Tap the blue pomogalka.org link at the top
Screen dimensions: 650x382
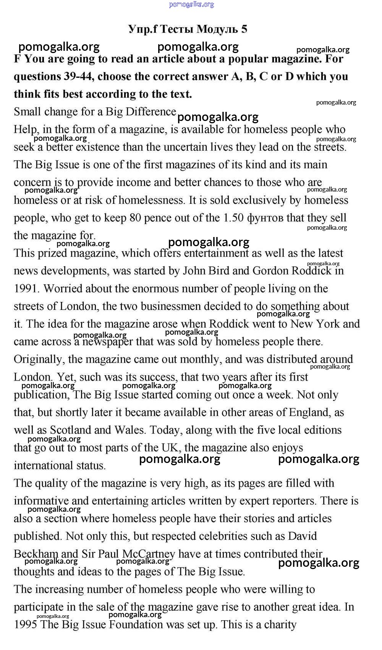point(191,5)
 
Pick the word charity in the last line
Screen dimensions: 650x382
point(278,625)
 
